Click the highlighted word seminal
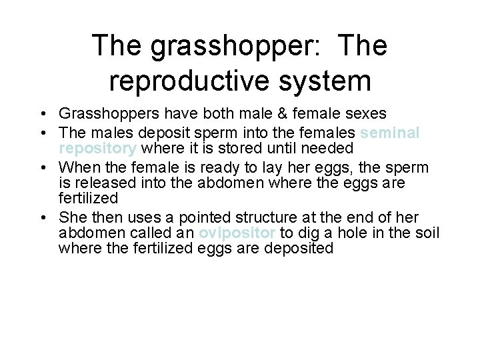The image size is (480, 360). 393,133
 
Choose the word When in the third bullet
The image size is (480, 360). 78,167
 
